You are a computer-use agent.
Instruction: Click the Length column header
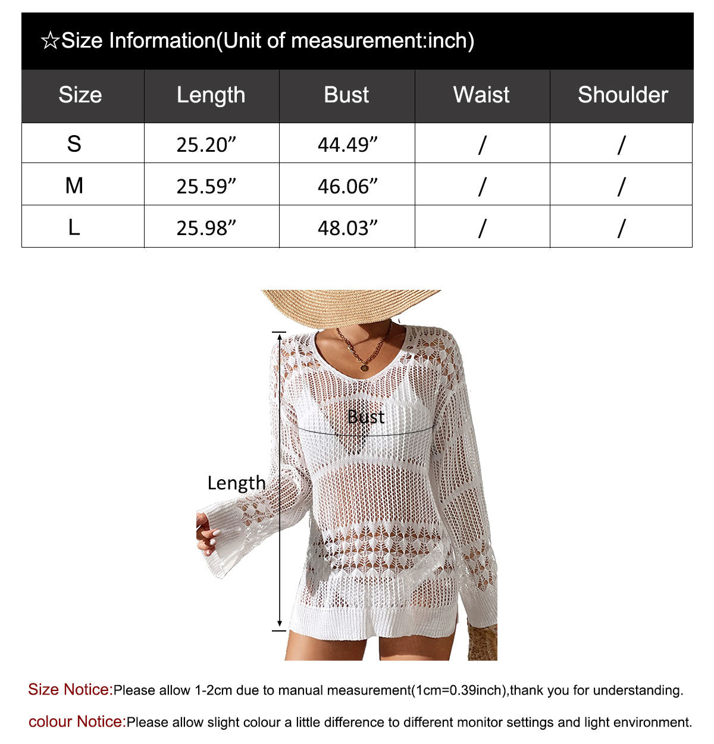coord(211,95)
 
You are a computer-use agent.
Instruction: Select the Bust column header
coord(346,95)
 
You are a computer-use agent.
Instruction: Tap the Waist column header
coord(481,95)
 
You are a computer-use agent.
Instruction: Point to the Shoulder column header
coord(622,95)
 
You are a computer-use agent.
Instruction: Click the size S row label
coord(74,144)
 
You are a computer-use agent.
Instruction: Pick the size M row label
coord(74,186)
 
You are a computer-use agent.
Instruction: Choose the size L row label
coord(74,227)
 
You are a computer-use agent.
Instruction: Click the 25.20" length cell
coord(206,145)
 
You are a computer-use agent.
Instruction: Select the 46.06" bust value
coord(347,186)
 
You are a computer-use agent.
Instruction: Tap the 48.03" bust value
coord(347,228)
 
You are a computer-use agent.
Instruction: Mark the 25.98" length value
coord(206,228)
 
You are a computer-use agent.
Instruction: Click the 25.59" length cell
coord(206,186)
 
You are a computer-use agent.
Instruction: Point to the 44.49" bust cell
coord(347,145)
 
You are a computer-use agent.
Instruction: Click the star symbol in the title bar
coord(50,41)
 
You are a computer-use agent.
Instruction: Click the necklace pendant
coord(364,367)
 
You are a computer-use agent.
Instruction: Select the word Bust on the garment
coord(365,417)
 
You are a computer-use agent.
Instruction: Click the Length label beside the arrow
coord(236,483)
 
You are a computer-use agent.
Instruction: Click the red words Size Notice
coord(70,690)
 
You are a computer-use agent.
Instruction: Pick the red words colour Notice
coord(77,722)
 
